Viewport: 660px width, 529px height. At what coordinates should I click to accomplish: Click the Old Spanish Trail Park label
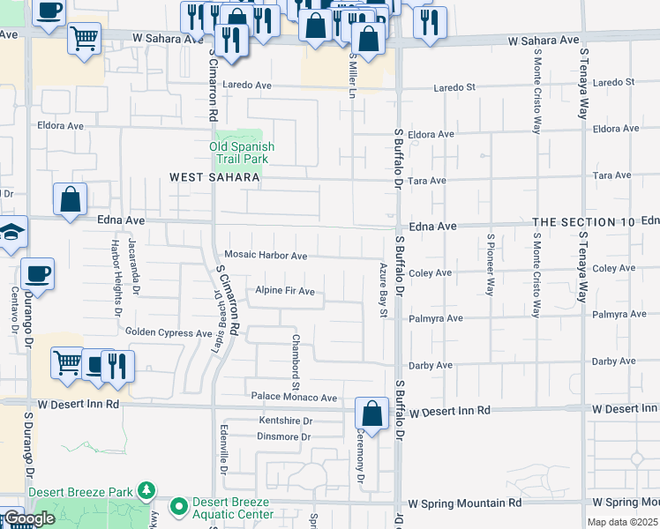tap(242, 153)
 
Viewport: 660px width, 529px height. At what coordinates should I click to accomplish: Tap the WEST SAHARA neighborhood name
tap(215, 177)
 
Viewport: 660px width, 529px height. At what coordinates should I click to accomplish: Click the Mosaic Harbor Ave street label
tap(266, 256)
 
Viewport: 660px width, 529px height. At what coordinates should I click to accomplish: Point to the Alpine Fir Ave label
tap(285, 291)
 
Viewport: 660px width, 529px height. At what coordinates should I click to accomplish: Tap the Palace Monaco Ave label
tap(294, 398)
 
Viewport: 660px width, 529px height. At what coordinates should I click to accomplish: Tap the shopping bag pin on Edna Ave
tap(70, 198)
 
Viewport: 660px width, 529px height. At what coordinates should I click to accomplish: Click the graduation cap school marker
tap(12, 232)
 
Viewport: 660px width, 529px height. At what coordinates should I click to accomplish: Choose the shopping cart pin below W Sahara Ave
tap(84, 37)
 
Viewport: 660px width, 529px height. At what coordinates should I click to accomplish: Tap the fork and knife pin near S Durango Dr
tap(117, 364)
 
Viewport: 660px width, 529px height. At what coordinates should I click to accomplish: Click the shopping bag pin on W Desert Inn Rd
tap(372, 413)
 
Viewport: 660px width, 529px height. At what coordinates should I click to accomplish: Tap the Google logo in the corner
tap(29, 518)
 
